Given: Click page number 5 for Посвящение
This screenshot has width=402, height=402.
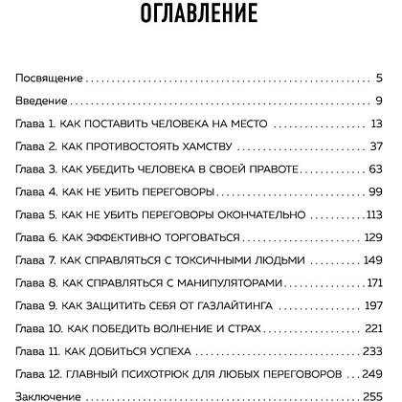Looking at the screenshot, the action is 380,76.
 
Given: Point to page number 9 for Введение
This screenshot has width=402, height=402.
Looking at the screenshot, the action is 380,100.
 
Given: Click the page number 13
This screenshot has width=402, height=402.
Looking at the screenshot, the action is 376,123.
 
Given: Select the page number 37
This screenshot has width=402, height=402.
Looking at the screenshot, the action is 376,145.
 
